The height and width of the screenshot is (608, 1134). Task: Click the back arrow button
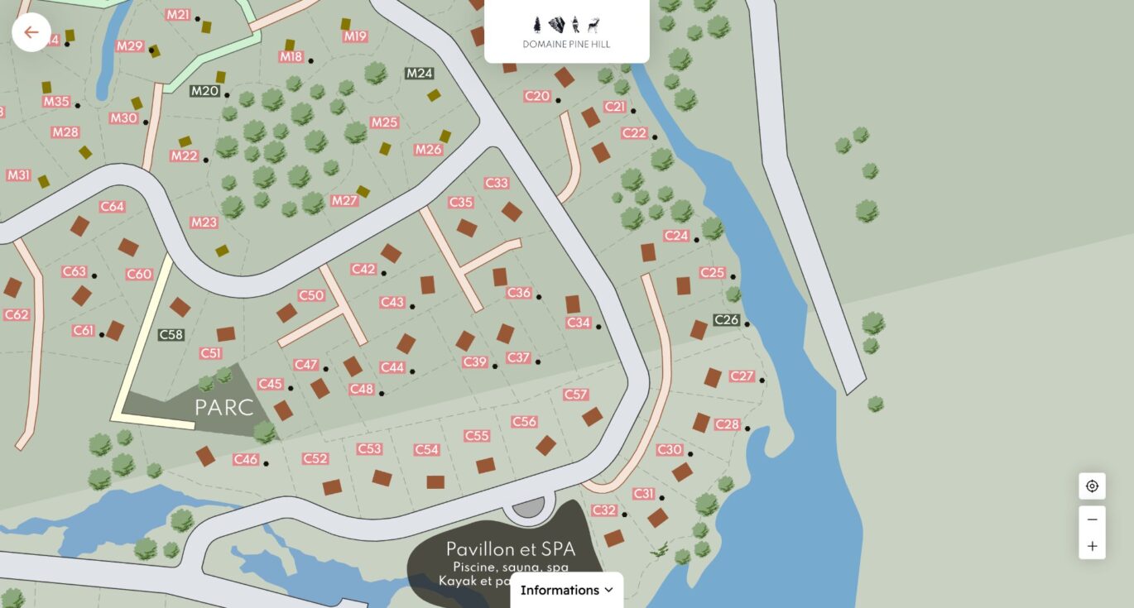coord(31,32)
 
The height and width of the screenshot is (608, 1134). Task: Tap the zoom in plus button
coord(1092,546)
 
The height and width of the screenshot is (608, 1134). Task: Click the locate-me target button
coord(1092,486)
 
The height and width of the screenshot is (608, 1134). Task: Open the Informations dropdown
coord(566,590)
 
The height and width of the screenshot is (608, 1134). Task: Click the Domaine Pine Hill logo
coord(566,31)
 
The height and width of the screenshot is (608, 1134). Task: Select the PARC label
coord(223,408)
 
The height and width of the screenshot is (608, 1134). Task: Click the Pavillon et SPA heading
coord(510,549)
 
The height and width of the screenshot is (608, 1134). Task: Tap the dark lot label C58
coord(171,335)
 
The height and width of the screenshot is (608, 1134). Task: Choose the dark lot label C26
coord(726,320)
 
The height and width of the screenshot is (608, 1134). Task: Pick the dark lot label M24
coord(420,73)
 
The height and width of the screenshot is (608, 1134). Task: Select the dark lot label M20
coord(204,91)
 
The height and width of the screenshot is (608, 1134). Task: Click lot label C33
coord(497,183)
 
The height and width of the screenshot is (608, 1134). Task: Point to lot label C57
coord(575,395)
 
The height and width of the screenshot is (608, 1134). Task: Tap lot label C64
coord(112,207)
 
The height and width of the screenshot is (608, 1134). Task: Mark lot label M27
coord(344,201)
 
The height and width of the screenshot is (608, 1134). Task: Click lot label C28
coord(727,424)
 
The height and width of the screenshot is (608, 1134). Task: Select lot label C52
coord(315,458)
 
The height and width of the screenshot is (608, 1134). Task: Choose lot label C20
coord(537,97)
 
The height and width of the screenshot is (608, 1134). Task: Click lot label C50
coord(311,295)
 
